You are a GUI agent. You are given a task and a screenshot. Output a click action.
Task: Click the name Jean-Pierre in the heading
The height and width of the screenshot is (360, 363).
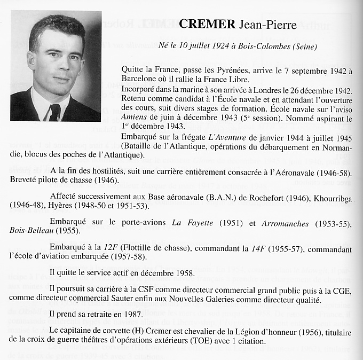(262, 25)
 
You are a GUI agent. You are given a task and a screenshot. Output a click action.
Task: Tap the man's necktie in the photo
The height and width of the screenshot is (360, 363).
(54, 112)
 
